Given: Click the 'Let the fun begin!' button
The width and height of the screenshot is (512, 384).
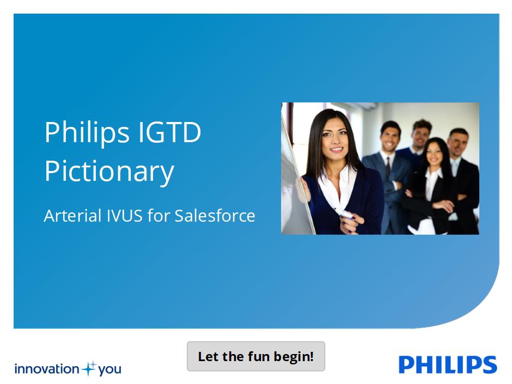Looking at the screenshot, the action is point(255,356).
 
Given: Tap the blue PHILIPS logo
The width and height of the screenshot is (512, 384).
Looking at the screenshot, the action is point(448,364).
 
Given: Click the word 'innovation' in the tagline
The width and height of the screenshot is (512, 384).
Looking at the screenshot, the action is point(47,369).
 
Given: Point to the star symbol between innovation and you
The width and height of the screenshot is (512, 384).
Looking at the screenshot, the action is point(89,369).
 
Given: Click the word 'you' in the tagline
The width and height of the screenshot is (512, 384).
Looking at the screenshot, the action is point(109,370).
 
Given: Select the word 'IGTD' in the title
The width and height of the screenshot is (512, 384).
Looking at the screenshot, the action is point(170,132).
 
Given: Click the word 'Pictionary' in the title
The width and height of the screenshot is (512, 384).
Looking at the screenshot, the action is point(109,172).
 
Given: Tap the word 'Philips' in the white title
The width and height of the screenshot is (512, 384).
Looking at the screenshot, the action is point(87,133).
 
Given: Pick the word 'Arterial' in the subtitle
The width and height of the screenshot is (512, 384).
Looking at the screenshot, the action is point(72,216).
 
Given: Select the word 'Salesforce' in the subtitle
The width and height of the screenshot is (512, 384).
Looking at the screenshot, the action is point(215,216).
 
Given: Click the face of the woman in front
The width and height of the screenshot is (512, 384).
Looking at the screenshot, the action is point(334,138).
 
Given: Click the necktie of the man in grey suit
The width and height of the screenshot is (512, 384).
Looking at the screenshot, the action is point(388,168).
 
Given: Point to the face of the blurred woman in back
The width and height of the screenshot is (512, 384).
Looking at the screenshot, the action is point(435,153).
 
